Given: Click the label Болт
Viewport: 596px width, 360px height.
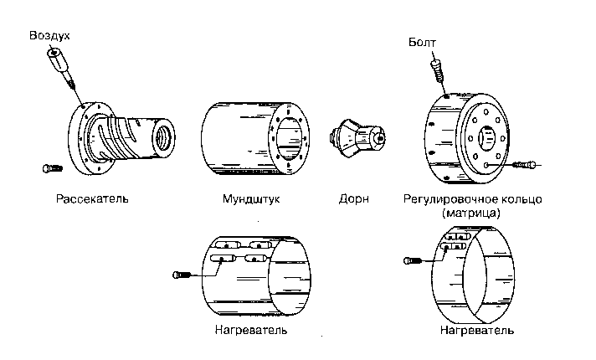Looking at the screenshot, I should coord(424,42).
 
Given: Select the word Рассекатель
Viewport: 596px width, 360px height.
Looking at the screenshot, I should coord(92,201).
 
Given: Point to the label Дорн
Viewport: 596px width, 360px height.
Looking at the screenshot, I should coord(353,201).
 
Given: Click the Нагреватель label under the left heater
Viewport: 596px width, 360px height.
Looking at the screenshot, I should coord(251,330).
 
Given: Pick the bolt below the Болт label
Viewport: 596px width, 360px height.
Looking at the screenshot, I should coord(436,69).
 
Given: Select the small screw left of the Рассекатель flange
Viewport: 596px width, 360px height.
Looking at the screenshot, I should coord(52,168).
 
